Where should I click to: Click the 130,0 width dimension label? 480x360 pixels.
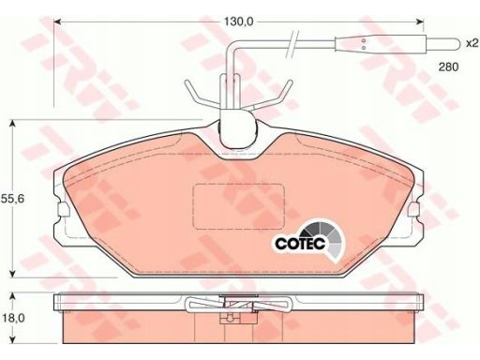[x=238, y=22]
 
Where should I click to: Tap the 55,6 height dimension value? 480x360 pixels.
[x=12, y=199]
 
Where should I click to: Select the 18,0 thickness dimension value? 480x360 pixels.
[x=13, y=318]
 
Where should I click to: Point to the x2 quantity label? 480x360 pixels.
[x=472, y=43]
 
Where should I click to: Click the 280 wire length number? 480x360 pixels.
[x=448, y=67]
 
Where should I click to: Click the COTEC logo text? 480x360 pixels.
[x=300, y=243]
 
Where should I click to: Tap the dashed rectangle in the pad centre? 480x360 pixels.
[x=239, y=206]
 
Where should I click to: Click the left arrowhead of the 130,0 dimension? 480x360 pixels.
[x=58, y=22]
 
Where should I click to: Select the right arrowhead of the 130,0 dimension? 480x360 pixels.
[x=419, y=22]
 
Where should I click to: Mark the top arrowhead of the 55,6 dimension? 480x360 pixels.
[x=12, y=124]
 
